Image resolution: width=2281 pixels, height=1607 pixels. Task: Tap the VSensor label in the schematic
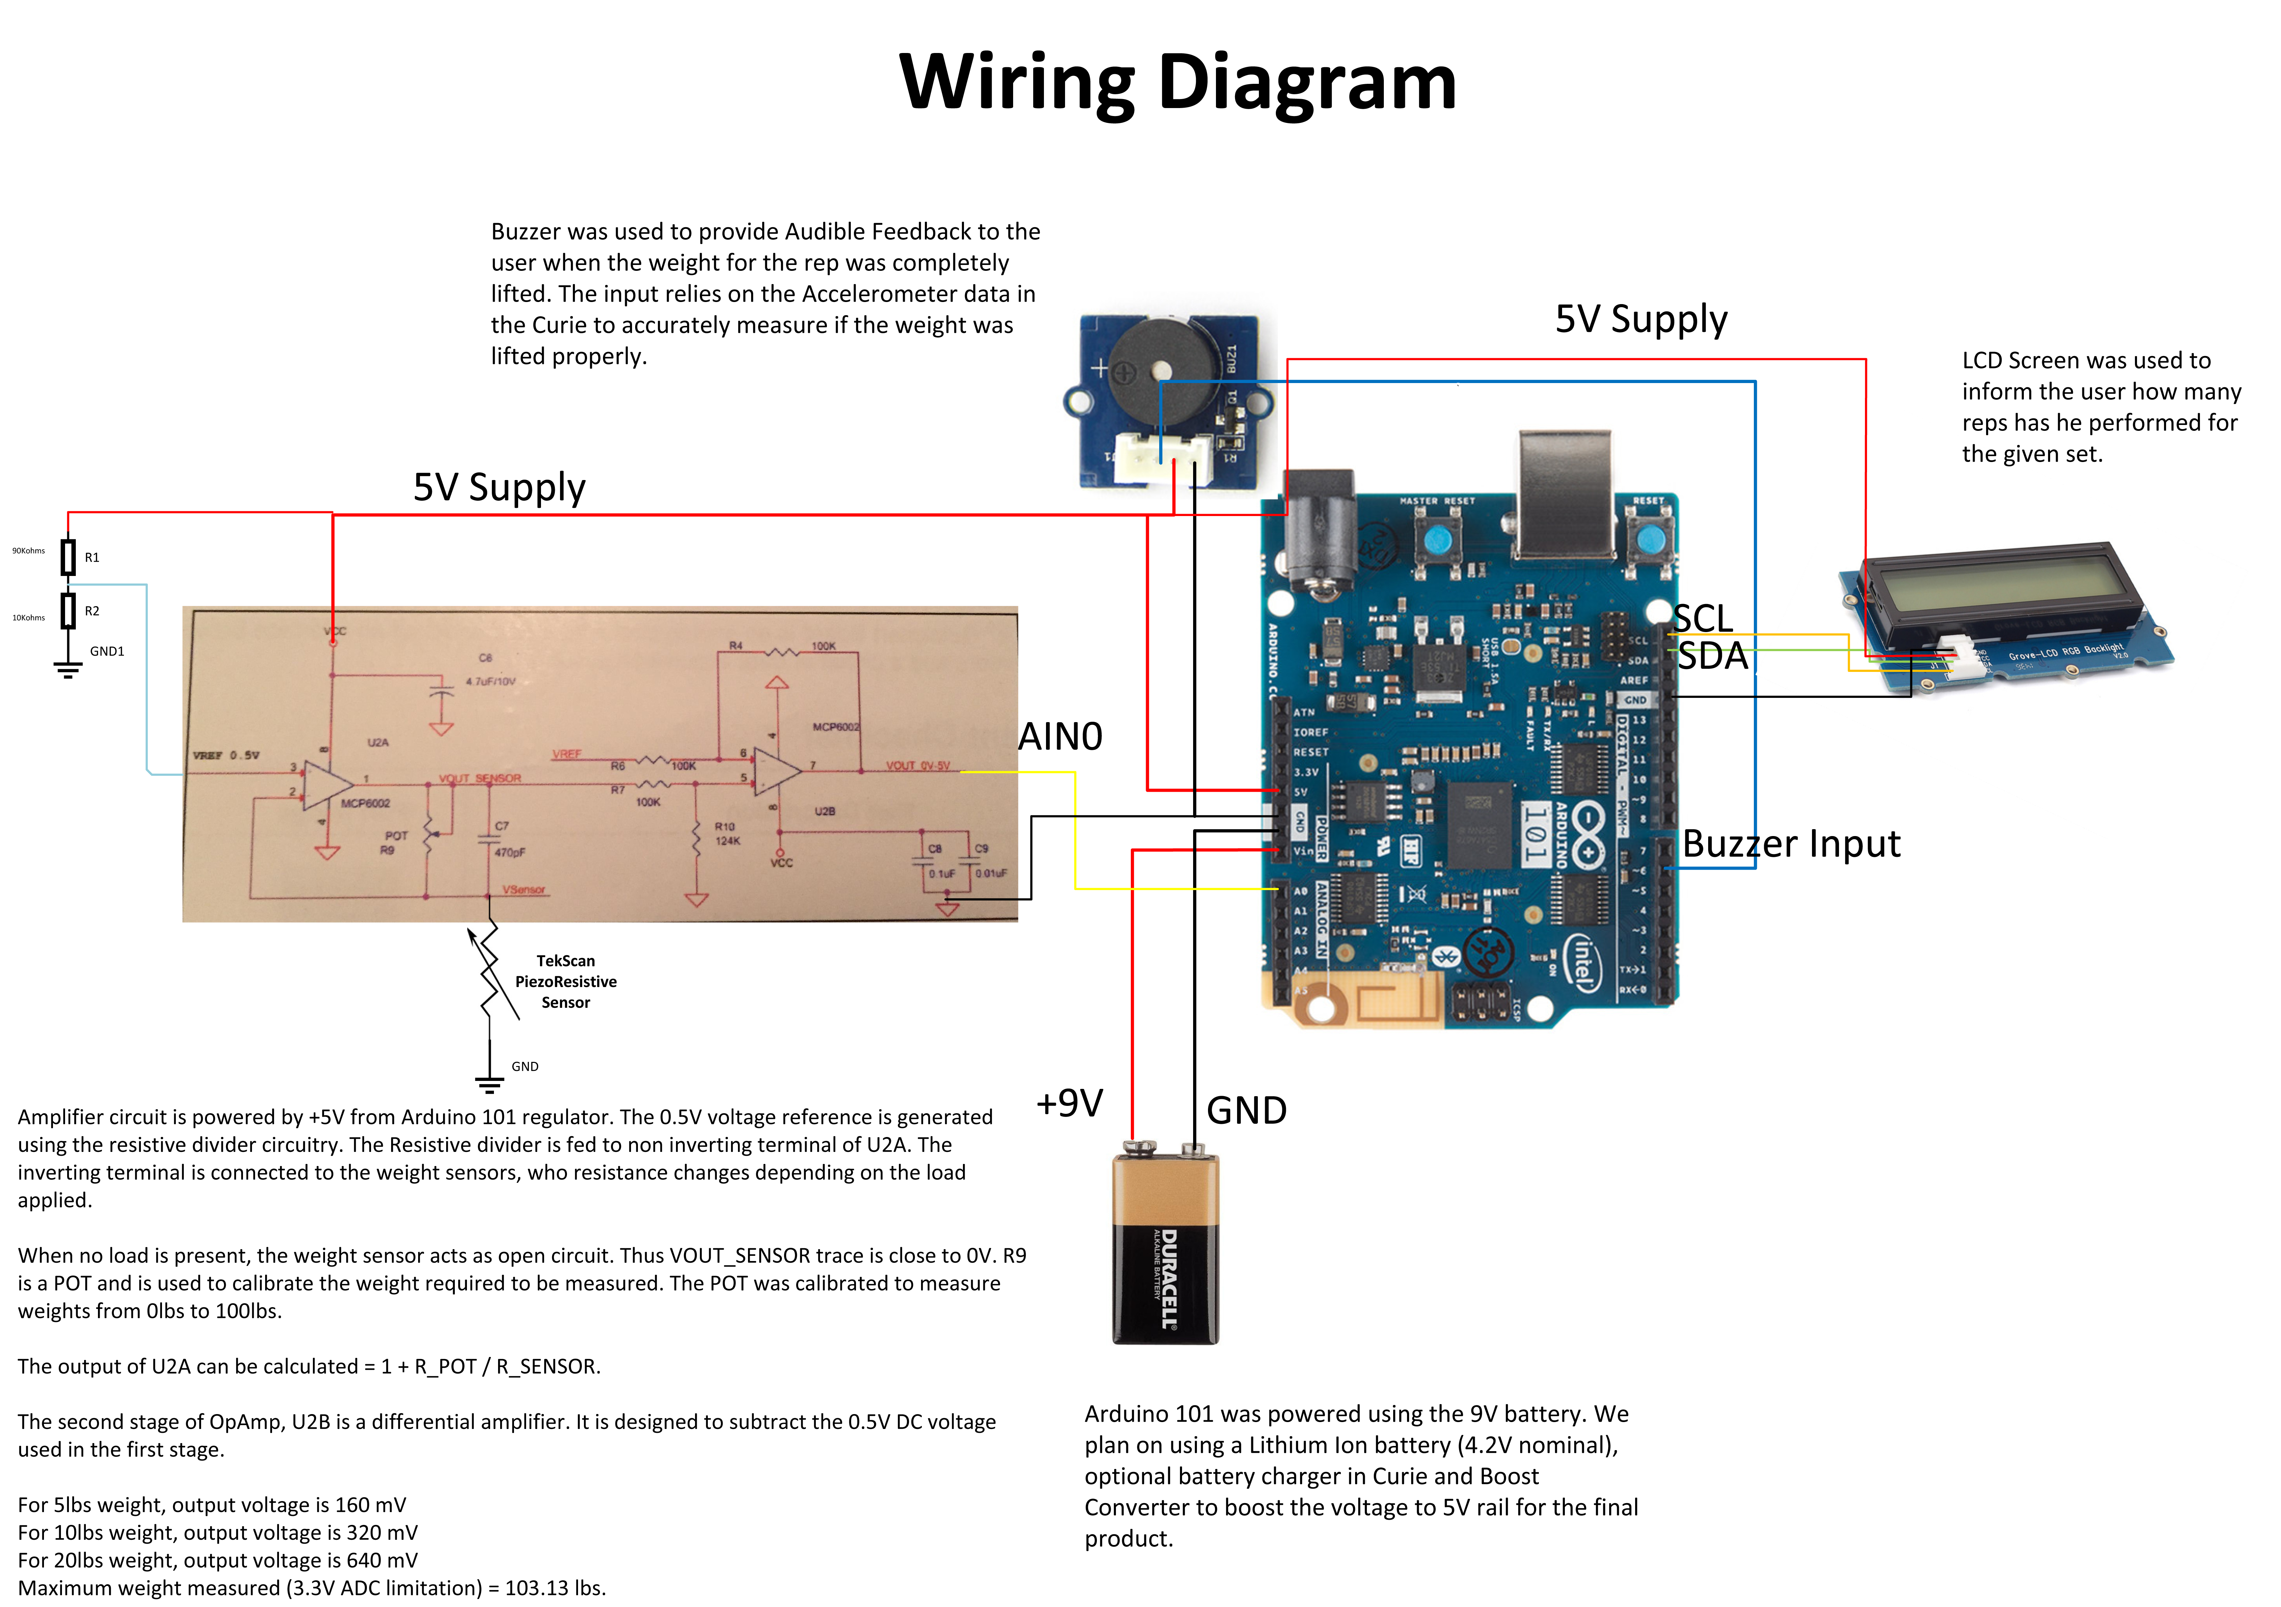(524, 889)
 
